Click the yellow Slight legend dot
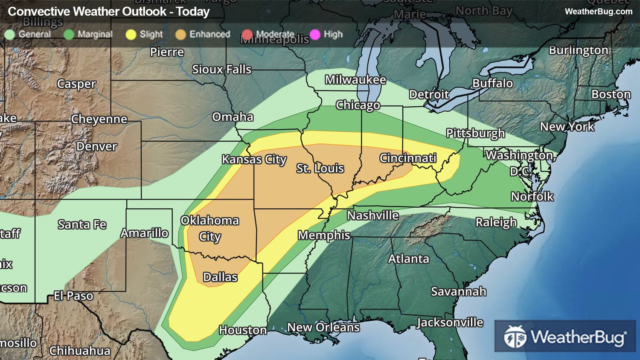click(131, 35)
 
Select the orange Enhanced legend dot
click(181, 35)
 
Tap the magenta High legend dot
click(315, 35)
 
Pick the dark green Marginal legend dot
click(69, 35)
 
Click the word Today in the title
click(193, 12)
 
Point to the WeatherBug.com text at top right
click(598, 12)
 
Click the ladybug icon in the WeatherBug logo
click(515, 337)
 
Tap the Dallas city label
click(220, 277)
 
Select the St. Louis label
click(320, 168)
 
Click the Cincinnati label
click(408, 158)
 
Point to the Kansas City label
click(254, 160)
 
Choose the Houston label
click(243, 330)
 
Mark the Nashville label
click(372, 215)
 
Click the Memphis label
click(324, 235)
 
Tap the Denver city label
click(96, 147)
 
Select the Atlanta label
click(408, 259)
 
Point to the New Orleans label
click(323, 327)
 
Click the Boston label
click(611, 94)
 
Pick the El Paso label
click(73, 296)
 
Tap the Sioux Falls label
click(221, 70)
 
